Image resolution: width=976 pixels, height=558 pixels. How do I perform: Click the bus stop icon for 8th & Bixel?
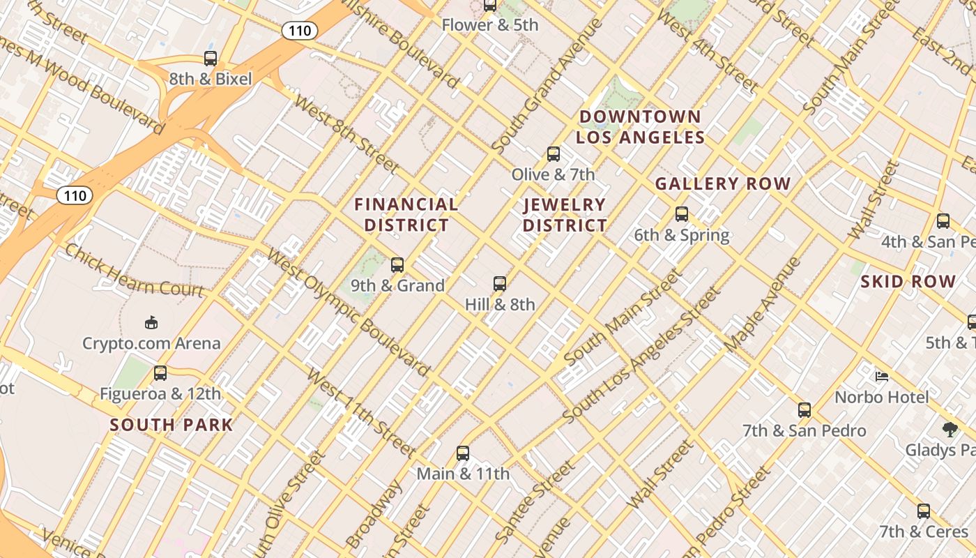pos(211,59)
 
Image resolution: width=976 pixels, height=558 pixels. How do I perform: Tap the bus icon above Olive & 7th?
pos(554,154)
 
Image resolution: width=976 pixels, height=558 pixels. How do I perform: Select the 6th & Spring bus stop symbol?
pos(682,214)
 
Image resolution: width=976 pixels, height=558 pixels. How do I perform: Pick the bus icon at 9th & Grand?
pos(397,265)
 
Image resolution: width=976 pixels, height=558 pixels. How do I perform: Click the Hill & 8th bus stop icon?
pos(500,284)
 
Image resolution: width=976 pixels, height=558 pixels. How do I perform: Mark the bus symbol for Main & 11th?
pos(463,453)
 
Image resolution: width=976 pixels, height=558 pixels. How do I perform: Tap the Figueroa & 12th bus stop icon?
pos(160,373)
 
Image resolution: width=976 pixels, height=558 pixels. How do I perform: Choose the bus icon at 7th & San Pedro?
pos(805,410)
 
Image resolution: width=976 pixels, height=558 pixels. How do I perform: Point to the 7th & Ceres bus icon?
pos(924,511)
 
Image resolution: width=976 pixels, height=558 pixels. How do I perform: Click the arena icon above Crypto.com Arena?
pos(151,322)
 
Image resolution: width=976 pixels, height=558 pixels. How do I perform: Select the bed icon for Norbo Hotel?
pos(882,377)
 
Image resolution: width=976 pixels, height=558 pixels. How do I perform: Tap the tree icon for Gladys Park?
pos(950,429)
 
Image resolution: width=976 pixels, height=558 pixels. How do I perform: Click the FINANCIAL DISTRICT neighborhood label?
pos(406,215)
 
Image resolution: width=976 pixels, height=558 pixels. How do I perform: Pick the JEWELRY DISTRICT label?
pos(565,215)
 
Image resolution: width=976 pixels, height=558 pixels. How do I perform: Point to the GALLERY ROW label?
pos(723,184)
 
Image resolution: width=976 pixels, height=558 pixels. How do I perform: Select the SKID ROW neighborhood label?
pos(908,282)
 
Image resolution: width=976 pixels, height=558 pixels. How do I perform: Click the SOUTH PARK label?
pos(171,425)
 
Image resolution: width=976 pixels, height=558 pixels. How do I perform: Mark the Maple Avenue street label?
pos(763,306)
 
